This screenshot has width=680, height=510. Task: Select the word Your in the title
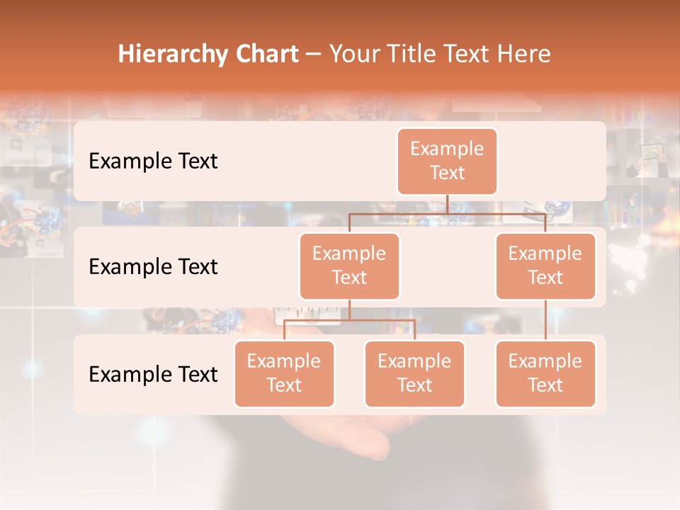353,55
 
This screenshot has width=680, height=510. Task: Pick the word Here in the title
524,55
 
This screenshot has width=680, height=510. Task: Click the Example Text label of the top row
153,161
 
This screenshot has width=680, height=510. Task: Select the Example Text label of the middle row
153,267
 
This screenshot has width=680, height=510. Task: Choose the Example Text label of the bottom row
153,375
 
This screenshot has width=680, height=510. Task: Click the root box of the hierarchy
447,161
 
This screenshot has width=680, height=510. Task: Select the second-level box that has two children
349,266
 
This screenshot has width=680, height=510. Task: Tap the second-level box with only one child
545,266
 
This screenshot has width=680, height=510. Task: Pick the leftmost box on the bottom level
284,374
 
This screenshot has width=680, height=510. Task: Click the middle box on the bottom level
414,374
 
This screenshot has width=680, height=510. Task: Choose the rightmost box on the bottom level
545,374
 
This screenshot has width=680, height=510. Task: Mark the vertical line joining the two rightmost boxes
545,320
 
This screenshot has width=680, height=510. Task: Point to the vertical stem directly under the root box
447,204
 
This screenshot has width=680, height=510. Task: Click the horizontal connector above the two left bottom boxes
349,320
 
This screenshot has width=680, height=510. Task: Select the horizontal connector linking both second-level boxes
447,212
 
